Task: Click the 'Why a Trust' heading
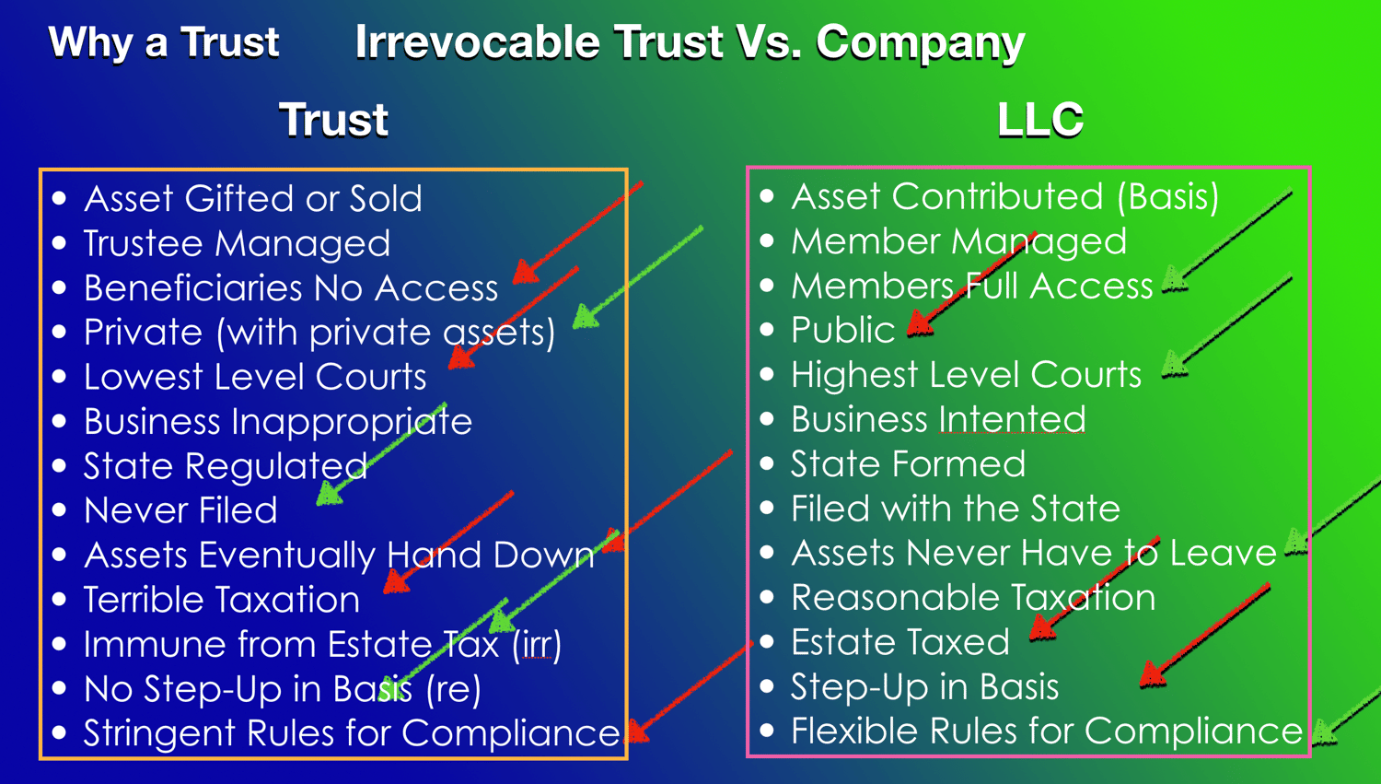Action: [163, 42]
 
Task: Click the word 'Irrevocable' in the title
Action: [477, 42]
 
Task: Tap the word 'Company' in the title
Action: [921, 44]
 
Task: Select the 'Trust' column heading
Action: [333, 119]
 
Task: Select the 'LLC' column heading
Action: [1040, 119]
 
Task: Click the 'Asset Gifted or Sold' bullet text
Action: [253, 199]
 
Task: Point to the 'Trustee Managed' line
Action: [237, 243]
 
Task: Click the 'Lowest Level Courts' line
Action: [255, 377]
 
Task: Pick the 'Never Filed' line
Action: [180, 510]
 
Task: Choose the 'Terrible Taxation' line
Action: [221, 600]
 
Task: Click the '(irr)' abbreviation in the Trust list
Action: [537, 645]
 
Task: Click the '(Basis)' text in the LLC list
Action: [1168, 197]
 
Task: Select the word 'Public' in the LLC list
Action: [842, 330]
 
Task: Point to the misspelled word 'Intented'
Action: [1013, 419]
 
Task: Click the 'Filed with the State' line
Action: [956, 509]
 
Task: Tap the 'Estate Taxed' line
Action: [900, 642]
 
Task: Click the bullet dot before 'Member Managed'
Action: [767, 240]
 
